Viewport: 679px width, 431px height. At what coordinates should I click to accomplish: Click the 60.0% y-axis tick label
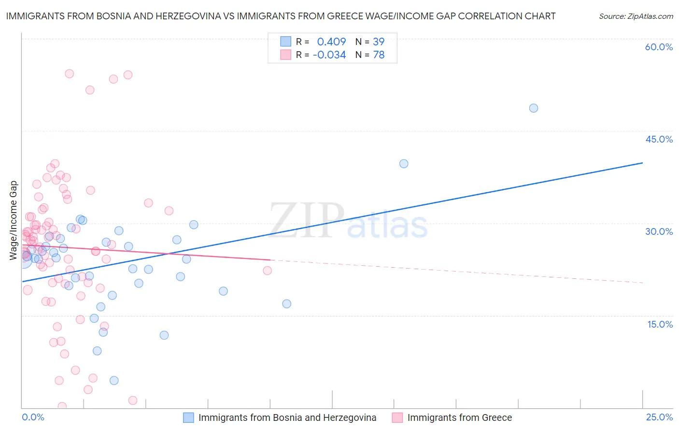tap(659, 47)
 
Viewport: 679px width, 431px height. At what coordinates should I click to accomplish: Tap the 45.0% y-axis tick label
tap(659, 139)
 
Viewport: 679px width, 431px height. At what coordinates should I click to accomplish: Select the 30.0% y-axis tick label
tap(659, 231)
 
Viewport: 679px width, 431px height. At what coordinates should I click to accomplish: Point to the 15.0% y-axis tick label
tap(660, 324)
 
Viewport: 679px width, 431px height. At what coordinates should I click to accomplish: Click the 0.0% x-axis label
tap(33, 417)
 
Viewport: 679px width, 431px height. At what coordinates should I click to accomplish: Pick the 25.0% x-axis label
tap(659, 417)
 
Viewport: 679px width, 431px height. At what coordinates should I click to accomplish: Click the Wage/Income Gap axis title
tap(14, 220)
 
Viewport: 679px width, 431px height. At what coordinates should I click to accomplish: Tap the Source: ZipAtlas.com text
tap(636, 16)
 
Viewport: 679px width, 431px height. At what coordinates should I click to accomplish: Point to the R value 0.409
tap(331, 42)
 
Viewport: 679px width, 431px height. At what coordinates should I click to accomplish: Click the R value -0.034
tap(329, 55)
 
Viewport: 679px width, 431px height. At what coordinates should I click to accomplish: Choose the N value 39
tap(379, 42)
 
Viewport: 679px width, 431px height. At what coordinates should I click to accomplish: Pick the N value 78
tap(379, 55)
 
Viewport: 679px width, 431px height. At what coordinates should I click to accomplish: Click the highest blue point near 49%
tap(533, 108)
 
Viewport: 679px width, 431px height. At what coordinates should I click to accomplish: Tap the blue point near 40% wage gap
tap(404, 164)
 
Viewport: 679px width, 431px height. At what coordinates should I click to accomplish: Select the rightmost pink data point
tap(267, 271)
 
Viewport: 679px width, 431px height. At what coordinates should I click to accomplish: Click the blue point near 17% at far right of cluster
tap(286, 304)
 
